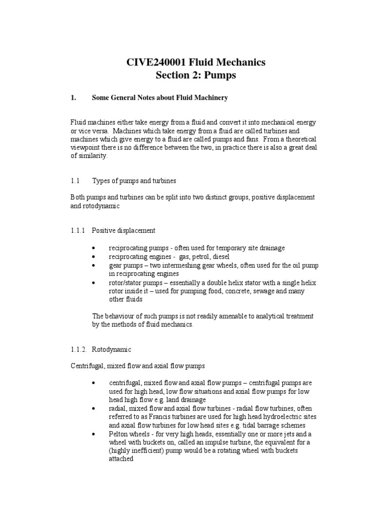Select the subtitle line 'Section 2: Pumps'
click(x=196, y=76)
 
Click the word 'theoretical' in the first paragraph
click(x=301, y=139)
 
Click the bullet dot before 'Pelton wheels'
click(x=94, y=434)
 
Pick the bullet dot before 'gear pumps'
click(x=94, y=266)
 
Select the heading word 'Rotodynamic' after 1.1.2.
click(x=111, y=349)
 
